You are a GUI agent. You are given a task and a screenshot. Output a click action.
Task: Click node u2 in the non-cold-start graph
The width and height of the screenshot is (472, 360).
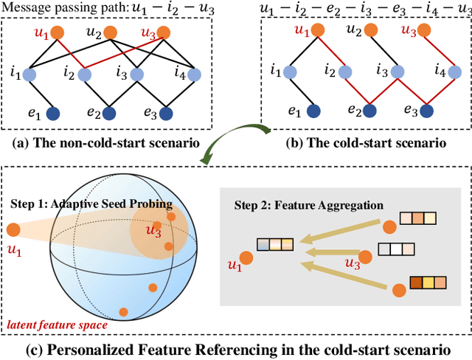click(110, 32)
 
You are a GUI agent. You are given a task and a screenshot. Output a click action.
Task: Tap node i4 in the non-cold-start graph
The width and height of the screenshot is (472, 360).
click(195, 75)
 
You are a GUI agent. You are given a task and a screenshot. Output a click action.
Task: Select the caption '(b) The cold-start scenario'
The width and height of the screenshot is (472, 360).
click(364, 142)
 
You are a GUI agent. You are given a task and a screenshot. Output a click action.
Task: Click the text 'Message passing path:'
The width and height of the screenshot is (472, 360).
click(60, 8)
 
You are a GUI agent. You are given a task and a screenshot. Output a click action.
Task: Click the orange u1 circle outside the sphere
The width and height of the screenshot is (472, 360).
click(13, 231)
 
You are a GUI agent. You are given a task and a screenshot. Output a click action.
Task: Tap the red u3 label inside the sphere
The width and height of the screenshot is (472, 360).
click(153, 231)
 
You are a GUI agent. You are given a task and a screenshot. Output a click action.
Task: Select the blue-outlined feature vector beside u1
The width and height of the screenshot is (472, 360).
click(275, 244)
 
